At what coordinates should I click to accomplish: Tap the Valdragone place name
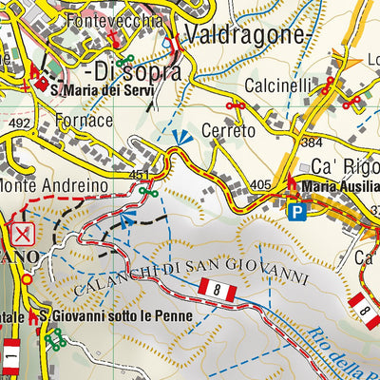[248, 35]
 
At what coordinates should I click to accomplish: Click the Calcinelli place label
[274, 85]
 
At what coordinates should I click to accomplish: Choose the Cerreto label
[229, 131]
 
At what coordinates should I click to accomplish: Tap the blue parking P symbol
[297, 211]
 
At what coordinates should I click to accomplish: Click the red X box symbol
[23, 235]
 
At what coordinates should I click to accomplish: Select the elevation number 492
[16, 123]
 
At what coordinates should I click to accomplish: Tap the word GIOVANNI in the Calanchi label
[271, 274]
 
